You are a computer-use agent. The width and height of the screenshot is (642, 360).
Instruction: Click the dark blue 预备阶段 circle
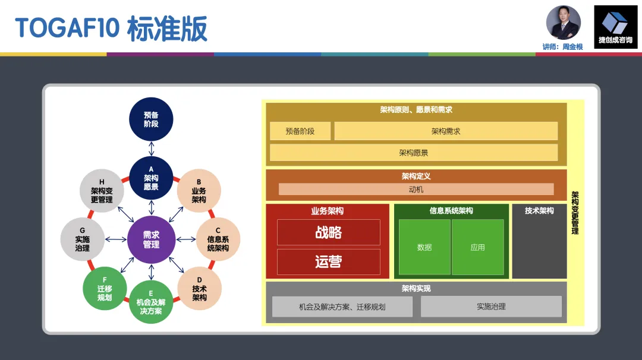click(151, 119)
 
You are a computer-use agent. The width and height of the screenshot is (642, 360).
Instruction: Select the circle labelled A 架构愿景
click(151, 178)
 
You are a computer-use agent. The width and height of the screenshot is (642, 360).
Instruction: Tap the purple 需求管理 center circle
click(151, 239)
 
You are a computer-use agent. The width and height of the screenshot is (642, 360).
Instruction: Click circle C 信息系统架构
click(218, 239)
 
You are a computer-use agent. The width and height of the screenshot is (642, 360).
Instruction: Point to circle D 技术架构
click(199, 289)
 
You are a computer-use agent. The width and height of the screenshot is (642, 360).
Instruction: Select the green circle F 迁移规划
click(105, 289)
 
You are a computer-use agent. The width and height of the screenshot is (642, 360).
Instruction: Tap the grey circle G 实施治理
click(83, 239)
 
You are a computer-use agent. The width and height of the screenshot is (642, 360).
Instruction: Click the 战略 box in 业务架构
click(328, 232)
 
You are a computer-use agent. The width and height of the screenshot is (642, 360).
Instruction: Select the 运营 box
click(328, 261)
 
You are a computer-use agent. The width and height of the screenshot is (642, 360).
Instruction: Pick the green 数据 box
click(424, 247)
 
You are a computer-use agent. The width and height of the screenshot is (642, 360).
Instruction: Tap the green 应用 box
click(477, 247)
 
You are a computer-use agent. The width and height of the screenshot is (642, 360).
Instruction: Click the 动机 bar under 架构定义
click(416, 190)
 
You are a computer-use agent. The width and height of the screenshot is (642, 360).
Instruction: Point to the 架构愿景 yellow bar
click(414, 153)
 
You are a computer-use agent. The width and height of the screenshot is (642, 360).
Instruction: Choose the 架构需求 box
click(446, 131)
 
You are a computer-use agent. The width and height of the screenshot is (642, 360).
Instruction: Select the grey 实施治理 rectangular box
click(491, 307)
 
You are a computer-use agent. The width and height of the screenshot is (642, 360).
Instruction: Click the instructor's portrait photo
click(563, 23)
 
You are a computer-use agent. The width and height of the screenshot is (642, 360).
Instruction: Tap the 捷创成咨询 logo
click(615, 27)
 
